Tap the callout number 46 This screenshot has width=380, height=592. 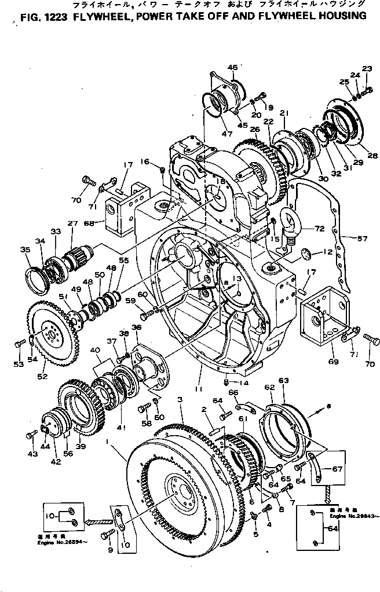click(x=232, y=68)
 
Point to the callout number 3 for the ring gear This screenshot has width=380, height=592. click(x=180, y=400)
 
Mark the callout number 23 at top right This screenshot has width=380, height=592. click(x=367, y=68)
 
